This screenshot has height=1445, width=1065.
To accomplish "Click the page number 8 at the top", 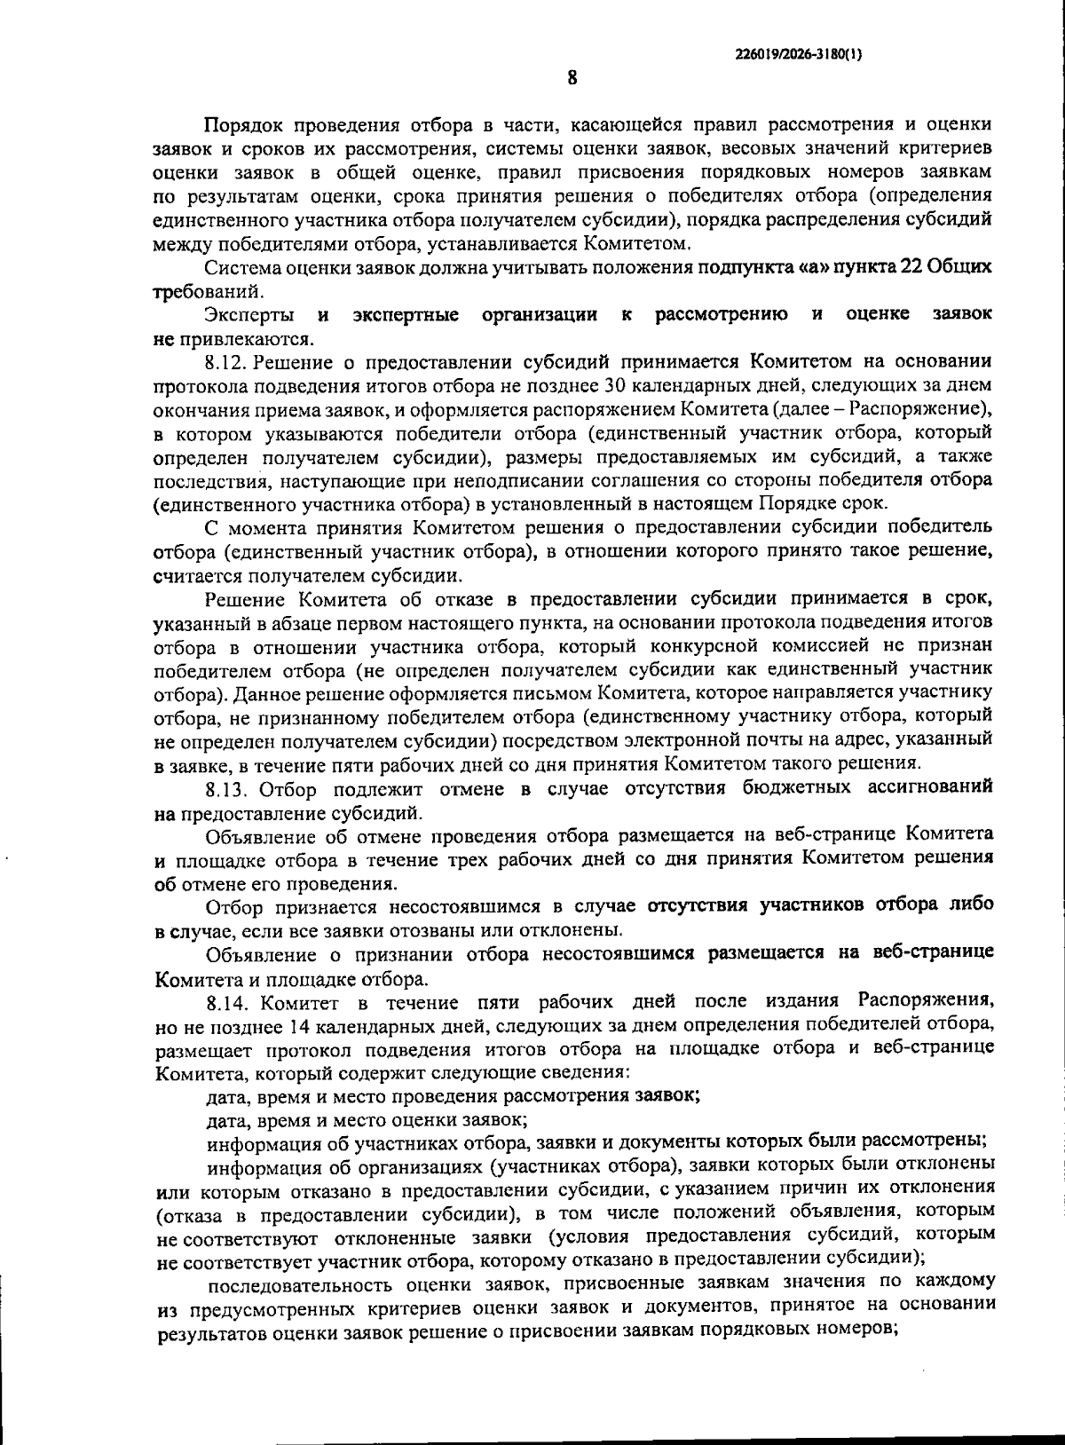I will [x=572, y=78].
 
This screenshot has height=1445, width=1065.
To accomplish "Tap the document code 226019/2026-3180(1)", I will [x=799, y=53].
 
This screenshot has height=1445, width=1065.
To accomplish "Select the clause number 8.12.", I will [x=227, y=361].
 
